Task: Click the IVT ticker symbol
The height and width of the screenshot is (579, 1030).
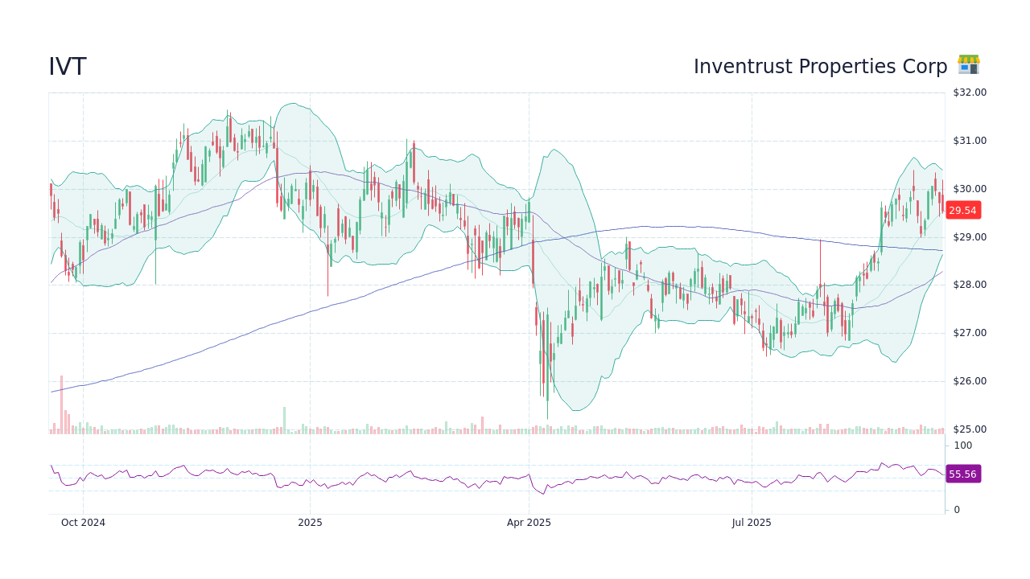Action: [68, 68]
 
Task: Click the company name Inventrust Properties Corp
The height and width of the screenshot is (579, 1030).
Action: [820, 67]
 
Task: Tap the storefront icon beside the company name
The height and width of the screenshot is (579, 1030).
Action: [968, 65]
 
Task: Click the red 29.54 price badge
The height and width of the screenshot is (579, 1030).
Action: [962, 211]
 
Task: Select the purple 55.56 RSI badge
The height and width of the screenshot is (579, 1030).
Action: [962, 474]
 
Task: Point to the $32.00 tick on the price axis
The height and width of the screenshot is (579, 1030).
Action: [969, 92]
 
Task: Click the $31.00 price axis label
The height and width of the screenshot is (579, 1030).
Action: [969, 141]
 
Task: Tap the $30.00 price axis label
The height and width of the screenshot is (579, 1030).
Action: [969, 189]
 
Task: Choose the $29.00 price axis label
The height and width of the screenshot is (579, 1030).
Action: [969, 237]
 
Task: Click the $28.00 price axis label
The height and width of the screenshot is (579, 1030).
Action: [969, 285]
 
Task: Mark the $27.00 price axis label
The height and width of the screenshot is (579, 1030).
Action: [969, 333]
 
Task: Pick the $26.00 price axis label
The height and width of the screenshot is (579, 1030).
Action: [969, 381]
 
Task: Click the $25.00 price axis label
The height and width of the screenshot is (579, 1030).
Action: [969, 429]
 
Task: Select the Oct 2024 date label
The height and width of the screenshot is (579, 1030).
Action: [83, 523]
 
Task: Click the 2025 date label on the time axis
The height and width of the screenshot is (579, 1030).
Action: [310, 523]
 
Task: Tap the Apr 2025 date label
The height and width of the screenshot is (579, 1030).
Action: [529, 523]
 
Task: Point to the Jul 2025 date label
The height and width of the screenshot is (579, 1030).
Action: [752, 523]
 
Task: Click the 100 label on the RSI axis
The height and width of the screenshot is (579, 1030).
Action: [962, 446]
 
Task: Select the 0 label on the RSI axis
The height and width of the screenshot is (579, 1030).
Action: [957, 510]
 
